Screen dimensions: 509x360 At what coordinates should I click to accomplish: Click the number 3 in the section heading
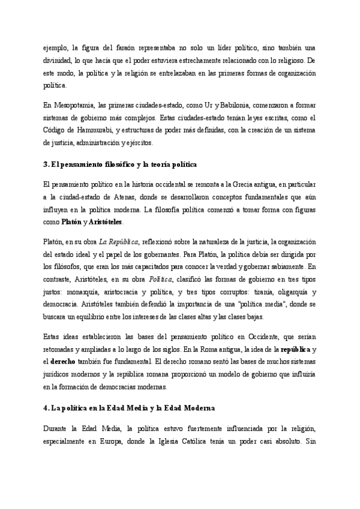(46, 164)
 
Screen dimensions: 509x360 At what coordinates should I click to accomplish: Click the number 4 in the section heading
(46, 408)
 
